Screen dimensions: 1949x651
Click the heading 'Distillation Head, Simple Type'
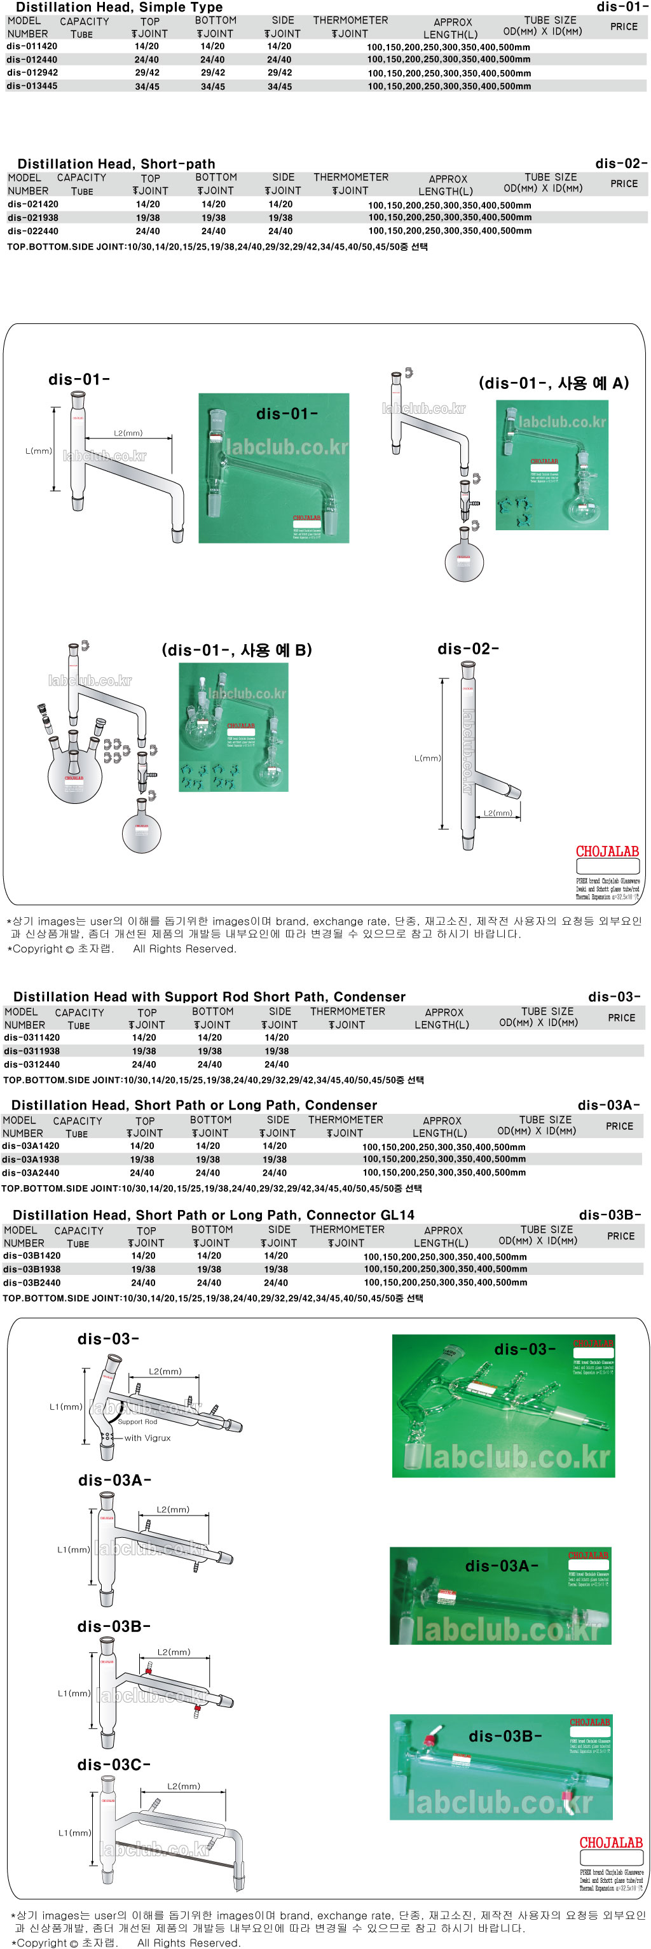click(x=119, y=7)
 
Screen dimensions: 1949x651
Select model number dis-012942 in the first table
click(x=32, y=73)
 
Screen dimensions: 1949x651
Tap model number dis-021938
click(x=33, y=218)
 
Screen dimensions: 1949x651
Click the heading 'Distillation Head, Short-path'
click(x=116, y=164)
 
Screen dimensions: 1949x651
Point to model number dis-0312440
click(x=32, y=1064)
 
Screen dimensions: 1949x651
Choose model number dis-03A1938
click(x=31, y=1159)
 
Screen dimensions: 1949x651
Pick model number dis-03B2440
click(x=32, y=1283)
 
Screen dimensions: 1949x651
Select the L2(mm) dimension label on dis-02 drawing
click(x=498, y=813)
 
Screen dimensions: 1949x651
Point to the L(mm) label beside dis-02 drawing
click(x=427, y=758)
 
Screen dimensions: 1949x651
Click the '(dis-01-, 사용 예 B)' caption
click(x=236, y=650)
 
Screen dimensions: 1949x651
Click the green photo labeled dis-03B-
click(x=500, y=1768)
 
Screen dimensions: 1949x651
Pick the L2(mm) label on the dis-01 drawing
click(x=128, y=433)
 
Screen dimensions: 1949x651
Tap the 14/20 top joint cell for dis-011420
click(x=147, y=47)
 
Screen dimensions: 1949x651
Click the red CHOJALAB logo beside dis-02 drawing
click(x=607, y=852)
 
